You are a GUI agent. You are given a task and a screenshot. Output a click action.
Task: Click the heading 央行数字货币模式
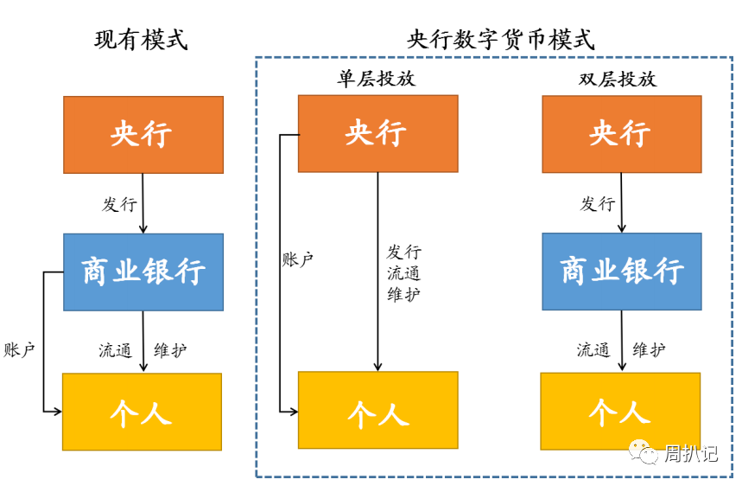pyautogui.click(x=501, y=40)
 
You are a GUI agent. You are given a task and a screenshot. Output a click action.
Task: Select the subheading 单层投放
pyautogui.click(x=376, y=79)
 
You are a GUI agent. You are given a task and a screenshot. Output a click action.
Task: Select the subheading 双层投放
pyautogui.click(x=618, y=79)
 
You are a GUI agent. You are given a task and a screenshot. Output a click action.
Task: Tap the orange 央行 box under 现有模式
pyautogui.click(x=143, y=134)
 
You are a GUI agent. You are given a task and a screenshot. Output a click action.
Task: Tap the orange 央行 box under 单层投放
pyautogui.click(x=377, y=133)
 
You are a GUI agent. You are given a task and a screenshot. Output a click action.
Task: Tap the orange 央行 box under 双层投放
pyautogui.click(x=621, y=133)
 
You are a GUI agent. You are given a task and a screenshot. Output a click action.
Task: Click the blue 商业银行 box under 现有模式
pyautogui.click(x=143, y=272)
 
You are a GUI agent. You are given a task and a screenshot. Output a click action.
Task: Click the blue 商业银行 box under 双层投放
pyautogui.click(x=621, y=272)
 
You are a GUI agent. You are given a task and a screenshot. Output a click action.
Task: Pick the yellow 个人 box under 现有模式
pyautogui.click(x=143, y=412)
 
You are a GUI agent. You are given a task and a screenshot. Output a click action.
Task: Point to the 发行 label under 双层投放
pyautogui.click(x=597, y=204)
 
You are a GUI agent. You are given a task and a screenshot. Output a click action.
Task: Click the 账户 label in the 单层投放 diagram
pyautogui.click(x=298, y=259)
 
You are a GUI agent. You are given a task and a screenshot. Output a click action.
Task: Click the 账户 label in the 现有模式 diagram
pyautogui.click(x=19, y=350)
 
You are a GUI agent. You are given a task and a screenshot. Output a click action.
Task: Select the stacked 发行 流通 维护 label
pyautogui.click(x=403, y=272)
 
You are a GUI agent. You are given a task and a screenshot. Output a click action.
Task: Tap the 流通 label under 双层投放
pyautogui.click(x=593, y=350)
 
